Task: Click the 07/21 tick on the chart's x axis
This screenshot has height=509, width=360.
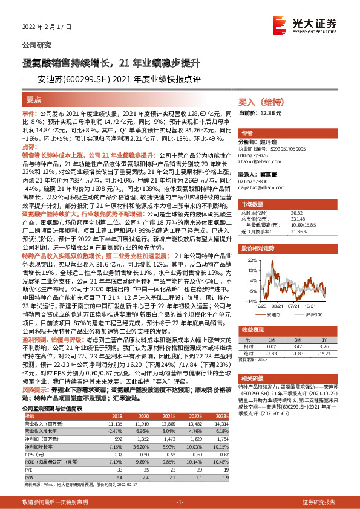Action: (296, 305)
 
